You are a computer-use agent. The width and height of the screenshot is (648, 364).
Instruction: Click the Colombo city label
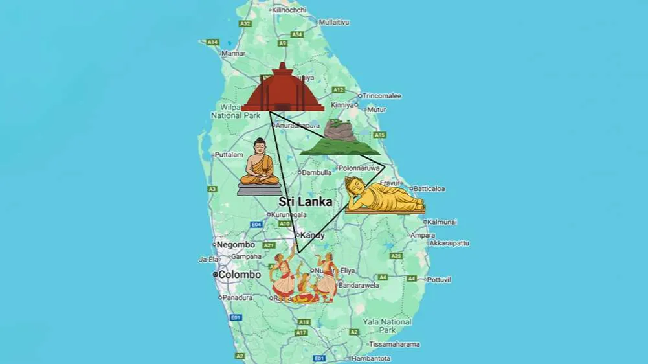239,275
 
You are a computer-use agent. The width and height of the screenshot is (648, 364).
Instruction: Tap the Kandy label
312,235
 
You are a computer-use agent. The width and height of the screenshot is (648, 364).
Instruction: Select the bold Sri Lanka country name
306,202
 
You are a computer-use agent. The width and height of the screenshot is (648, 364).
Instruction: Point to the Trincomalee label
382,96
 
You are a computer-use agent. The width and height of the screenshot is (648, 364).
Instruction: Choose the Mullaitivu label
334,22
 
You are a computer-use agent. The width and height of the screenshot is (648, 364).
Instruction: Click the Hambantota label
372,358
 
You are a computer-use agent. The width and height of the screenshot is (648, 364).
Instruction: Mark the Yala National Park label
387,326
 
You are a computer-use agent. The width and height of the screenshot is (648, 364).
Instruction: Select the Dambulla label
316,172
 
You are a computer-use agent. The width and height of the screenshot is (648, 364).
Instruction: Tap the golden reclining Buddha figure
383,196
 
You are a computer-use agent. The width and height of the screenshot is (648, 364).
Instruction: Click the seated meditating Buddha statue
260,167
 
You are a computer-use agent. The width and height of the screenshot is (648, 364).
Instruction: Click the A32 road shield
245,23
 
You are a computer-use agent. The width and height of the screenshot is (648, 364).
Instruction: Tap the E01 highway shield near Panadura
236,317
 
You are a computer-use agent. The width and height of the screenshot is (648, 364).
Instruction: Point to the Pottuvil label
438,280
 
